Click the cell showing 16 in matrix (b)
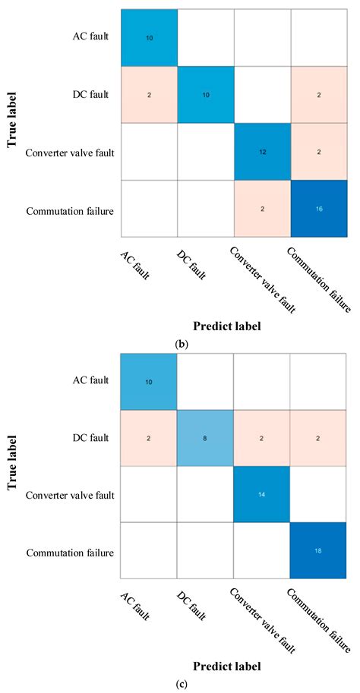pyautogui.click(x=318, y=208)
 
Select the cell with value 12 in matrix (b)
pyautogui.click(x=263, y=151)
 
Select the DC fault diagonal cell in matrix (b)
pyautogui.click(x=206, y=94)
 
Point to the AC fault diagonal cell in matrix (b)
pyautogui.click(x=149, y=37)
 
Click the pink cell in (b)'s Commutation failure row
pyautogui.click(x=263, y=208)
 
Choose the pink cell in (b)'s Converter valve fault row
pyautogui.click(x=318, y=151)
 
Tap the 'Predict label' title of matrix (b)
pyautogui.click(x=226, y=305)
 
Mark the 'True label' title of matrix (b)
pyautogui.click(x=14, y=123)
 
